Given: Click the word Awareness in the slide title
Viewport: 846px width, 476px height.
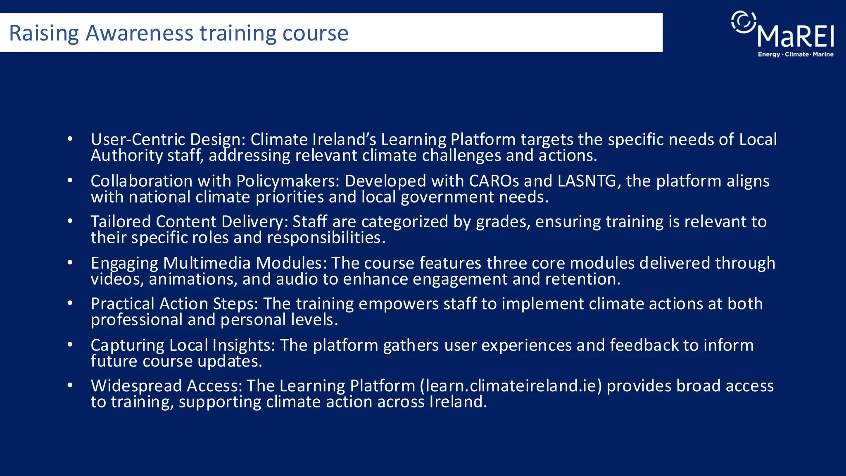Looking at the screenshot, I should pos(139,33).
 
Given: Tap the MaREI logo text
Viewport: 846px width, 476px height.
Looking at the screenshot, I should pos(796,36).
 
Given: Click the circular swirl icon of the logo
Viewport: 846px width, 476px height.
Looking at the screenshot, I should pos(744,21).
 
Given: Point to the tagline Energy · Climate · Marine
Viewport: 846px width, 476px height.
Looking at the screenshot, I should pos(796,55).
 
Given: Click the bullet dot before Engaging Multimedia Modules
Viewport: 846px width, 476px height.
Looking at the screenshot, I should pos(70,262).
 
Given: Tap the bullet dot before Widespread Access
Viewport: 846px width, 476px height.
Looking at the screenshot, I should pos(70,385).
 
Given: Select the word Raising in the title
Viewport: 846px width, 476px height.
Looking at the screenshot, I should pos(44,33).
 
